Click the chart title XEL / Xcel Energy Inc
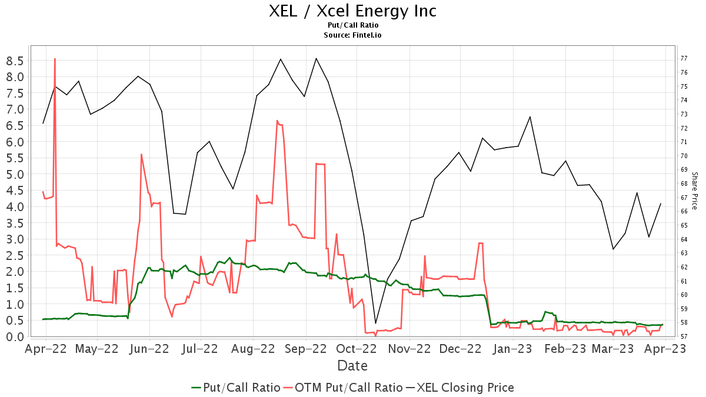pos(352,11)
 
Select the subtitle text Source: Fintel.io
pos(352,35)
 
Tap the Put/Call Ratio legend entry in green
pos(235,388)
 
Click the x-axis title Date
pos(352,366)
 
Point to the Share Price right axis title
pos(694,191)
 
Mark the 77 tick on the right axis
pos(684,58)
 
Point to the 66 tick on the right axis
pos(684,211)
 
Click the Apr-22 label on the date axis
pos(46,349)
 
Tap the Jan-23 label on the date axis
pos(509,349)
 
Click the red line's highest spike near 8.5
pos(55,59)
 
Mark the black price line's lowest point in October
pos(375,323)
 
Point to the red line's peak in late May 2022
pos(141,154)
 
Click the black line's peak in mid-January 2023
pos(530,116)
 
